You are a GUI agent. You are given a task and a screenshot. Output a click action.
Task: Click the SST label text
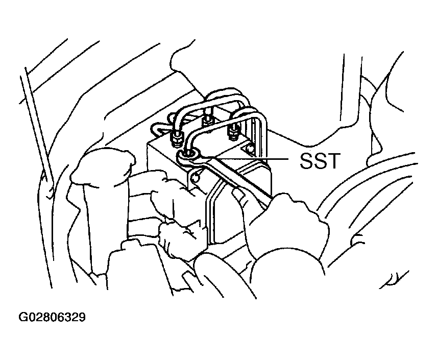coord(320,160)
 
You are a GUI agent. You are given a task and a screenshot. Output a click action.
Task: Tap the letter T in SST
coord(334,160)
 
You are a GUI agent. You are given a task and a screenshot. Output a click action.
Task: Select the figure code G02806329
coord(52,317)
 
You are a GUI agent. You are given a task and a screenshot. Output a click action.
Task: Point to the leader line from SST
coord(245,159)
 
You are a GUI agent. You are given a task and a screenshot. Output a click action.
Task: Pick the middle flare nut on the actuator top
coord(207,122)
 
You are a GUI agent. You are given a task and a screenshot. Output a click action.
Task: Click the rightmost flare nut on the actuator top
coord(234,132)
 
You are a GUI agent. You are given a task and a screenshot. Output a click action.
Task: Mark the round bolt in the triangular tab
coord(250,148)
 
